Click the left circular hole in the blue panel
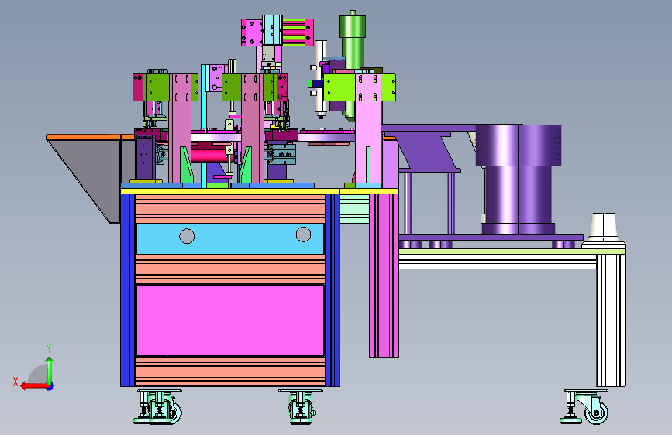point(187,236)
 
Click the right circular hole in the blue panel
point(303,235)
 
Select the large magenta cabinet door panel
point(230,320)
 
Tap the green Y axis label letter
point(49,348)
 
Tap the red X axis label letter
point(16,382)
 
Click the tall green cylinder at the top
point(353,63)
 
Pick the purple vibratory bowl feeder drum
point(518,179)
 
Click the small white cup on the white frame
point(604,226)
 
